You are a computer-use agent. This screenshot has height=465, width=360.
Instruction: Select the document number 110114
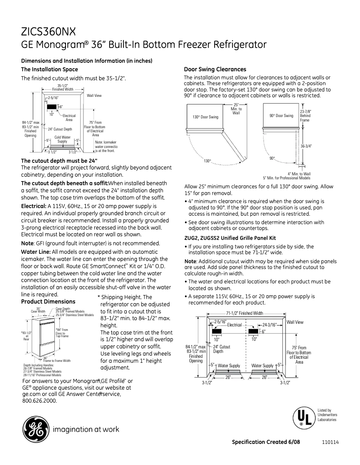point(330,442)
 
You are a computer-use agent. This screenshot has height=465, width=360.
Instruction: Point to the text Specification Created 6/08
point(266,442)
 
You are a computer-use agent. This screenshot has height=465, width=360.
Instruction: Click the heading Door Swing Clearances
point(215,69)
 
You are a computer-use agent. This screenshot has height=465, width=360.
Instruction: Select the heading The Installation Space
point(49,69)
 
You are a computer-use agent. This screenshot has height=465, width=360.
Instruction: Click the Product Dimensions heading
point(48,301)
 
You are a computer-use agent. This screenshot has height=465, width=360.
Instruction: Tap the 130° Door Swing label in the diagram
point(206,117)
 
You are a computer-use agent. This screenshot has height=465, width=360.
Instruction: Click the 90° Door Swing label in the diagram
point(281,116)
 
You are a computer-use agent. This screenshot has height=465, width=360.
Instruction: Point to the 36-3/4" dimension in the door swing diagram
point(306,146)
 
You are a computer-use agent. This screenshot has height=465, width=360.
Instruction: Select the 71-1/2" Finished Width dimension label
point(245,313)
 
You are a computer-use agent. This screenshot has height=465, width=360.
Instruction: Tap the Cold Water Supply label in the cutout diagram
point(62,139)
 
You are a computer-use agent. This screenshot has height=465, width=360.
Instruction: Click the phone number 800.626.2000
point(40,400)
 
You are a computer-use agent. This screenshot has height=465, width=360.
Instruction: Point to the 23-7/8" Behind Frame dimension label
point(305,116)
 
